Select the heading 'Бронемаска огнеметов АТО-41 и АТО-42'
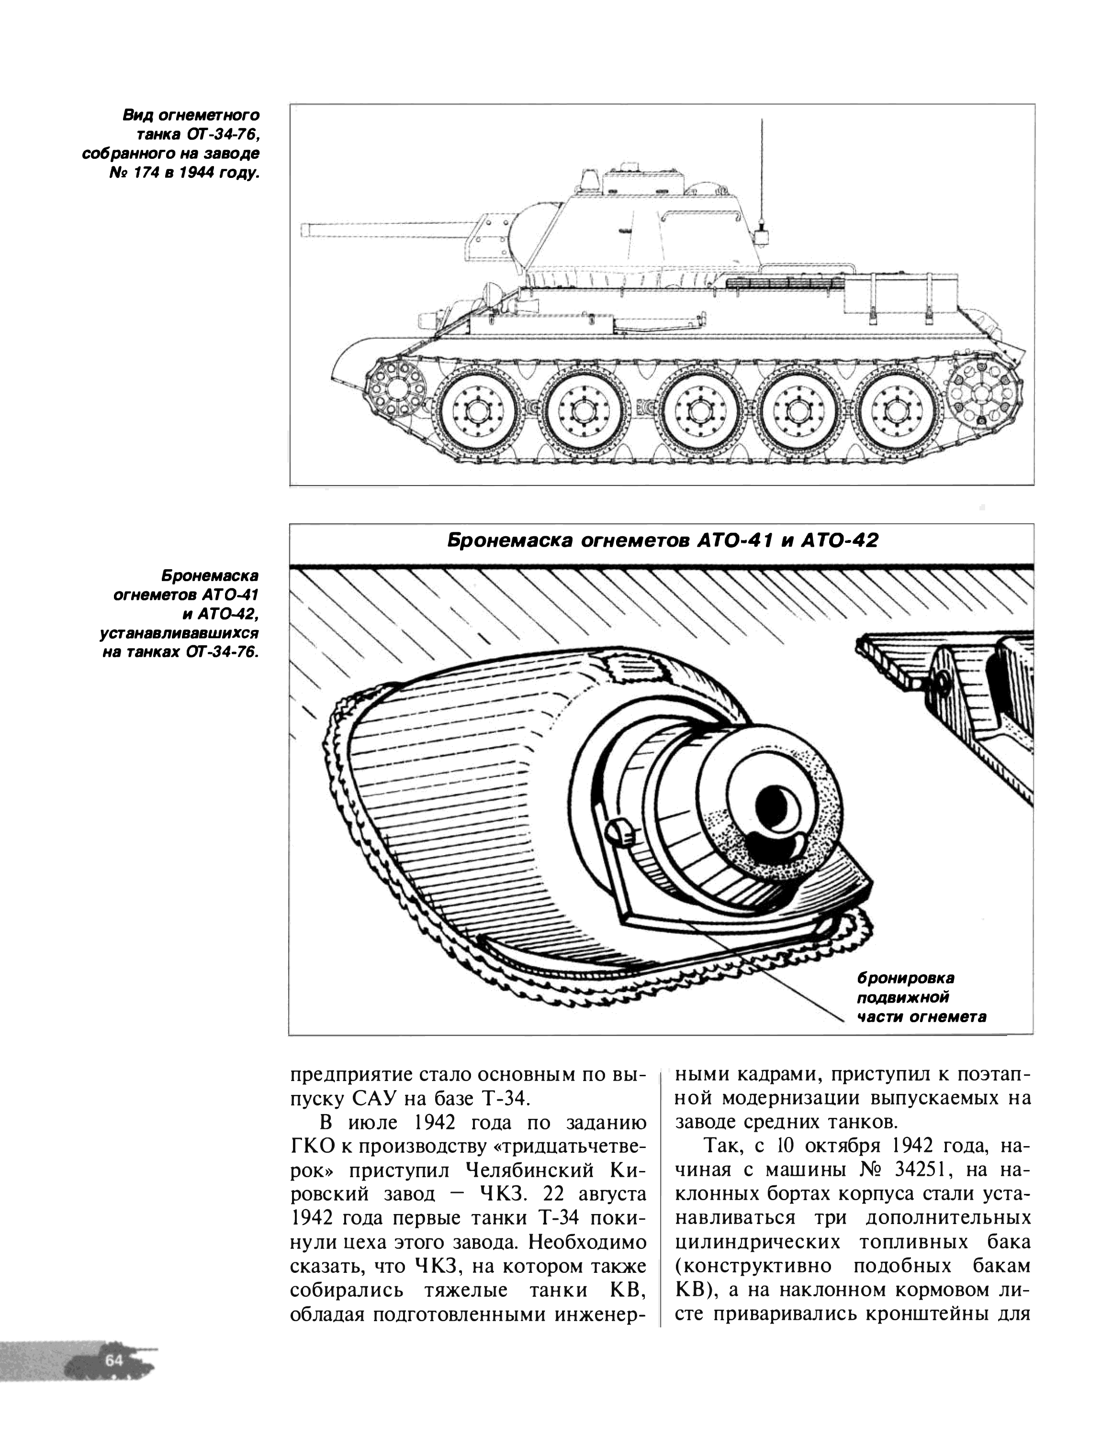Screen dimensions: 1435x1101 [x=662, y=541]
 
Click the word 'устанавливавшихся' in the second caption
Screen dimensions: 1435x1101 [x=179, y=634]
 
